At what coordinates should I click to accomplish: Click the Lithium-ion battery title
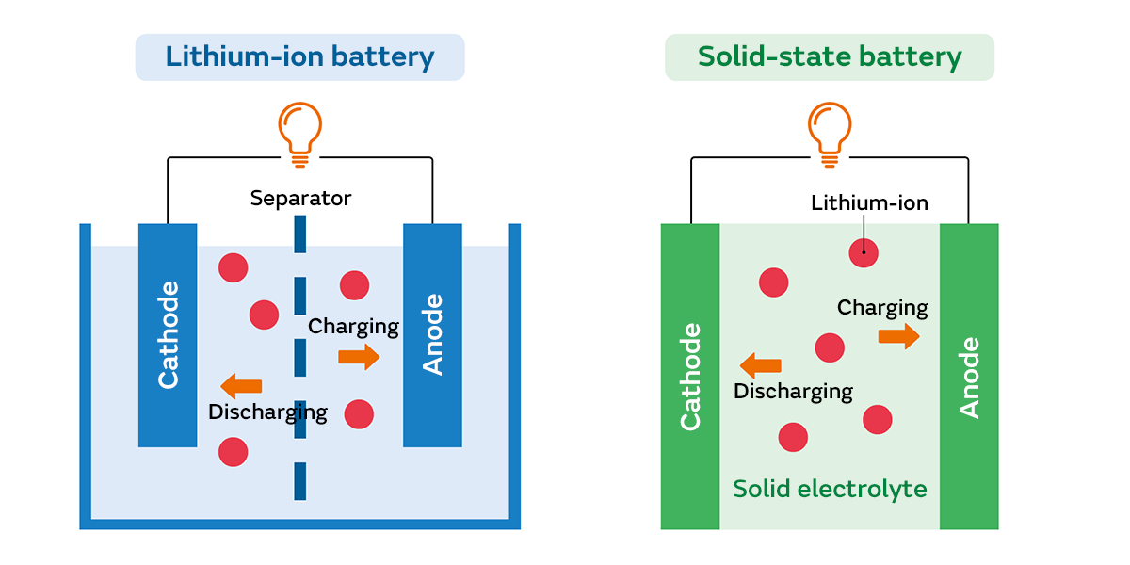click(x=299, y=57)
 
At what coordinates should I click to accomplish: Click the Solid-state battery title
click(x=830, y=57)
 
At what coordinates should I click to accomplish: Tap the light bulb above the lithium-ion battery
click(x=299, y=132)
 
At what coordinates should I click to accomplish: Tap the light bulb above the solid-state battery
click(x=830, y=132)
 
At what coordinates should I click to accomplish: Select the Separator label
click(x=300, y=199)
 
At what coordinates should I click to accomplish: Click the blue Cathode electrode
click(x=168, y=335)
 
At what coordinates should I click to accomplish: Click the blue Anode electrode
click(x=432, y=335)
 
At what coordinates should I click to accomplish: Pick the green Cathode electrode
click(x=690, y=377)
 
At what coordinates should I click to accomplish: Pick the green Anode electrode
click(x=969, y=377)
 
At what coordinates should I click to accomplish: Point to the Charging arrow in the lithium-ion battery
click(x=359, y=357)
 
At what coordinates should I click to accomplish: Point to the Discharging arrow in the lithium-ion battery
click(x=241, y=385)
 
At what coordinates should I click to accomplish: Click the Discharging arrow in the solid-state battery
click(x=761, y=365)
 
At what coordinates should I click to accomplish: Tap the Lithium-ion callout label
click(x=869, y=203)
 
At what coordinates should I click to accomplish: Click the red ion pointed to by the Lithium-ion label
click(x=863, y=252)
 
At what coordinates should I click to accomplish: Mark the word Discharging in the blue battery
click(x=267, y=412)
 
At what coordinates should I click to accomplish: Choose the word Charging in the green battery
click(x=882, y=308)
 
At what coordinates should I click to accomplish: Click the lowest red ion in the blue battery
click(x=233, y=452)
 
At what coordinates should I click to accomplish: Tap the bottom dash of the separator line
click(x=299, y=480)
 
